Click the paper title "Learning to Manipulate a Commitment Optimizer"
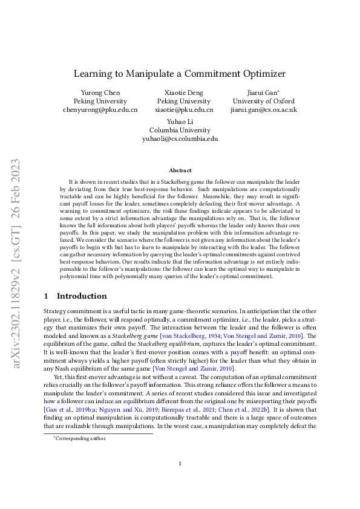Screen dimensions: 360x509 (180, 74)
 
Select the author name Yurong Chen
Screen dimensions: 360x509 (100, 92)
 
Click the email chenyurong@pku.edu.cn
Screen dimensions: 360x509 (100, 110)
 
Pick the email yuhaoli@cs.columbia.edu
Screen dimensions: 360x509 (180, 138)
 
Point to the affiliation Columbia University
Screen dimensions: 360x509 (180, 129)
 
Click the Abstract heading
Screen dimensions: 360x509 (180, 170)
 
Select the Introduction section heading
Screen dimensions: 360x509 (82, 296)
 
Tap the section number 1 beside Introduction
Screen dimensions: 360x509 (47, 296)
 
